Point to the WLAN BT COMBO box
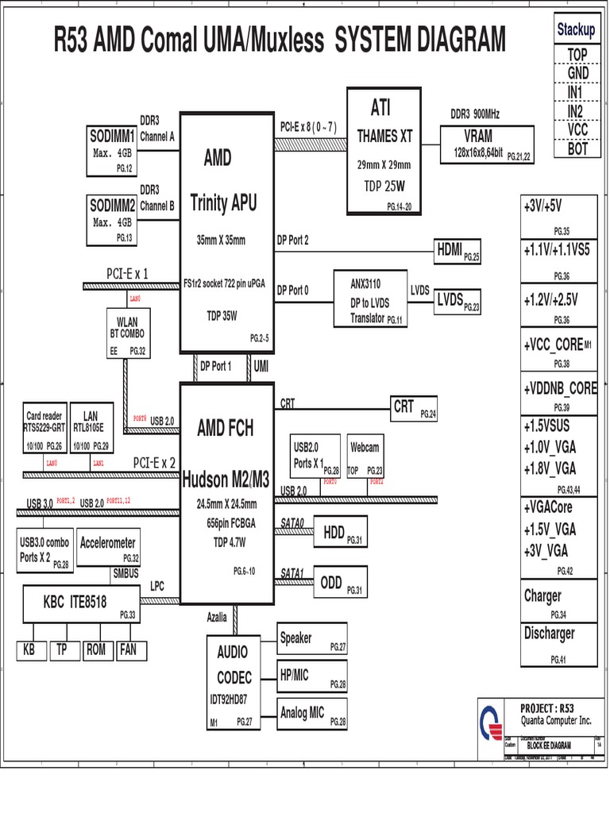[127, 333]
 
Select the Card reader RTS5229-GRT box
[44, 430]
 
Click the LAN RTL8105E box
[91, 430]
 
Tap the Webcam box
[365, 457]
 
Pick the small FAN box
[128, 650]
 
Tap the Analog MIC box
[312, 715]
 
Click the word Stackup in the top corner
[576, 30]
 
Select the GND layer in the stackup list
[577, 73]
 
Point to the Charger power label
[542, 596]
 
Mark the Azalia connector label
[218, 617]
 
